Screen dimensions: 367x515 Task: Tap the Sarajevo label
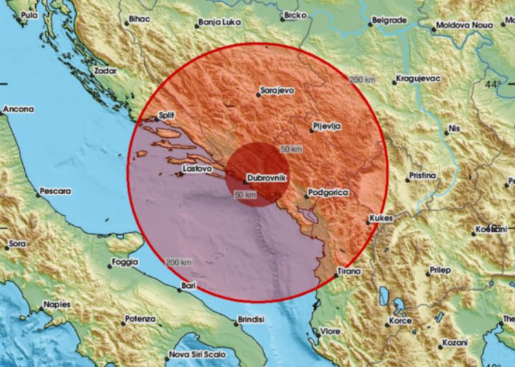pos(276,90)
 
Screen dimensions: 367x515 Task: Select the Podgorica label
pos(328,193)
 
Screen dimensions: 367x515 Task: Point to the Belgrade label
pos(391,21)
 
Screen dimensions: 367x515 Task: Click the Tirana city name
pos(349,272)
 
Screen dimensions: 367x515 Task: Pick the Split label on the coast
pos(165,114)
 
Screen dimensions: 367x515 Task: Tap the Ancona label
pos(18,109)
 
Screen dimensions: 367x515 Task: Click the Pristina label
pos(422,176)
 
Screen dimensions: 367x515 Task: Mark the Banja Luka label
pos(219,22)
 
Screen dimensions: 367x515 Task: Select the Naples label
pos(57,304)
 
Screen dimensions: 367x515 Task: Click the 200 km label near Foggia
pos(179,262)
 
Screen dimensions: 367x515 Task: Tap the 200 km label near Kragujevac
pos(363,80)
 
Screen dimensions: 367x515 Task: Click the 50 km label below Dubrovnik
pos(245,196)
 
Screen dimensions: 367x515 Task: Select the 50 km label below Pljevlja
pos(291,149)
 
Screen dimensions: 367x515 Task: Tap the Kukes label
pos(381,218)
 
